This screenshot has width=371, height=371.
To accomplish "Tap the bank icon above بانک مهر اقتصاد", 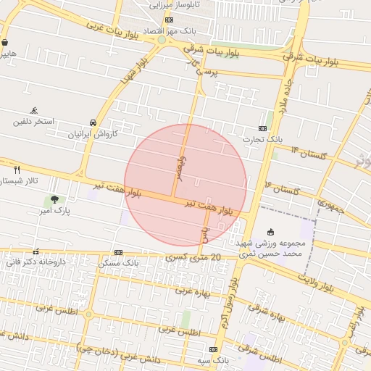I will click(169, 20).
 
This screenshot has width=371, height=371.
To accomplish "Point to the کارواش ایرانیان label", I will click(92, 134).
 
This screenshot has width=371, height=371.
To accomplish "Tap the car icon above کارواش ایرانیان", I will click(93, 122).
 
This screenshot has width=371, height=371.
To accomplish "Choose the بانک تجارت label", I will click(262, 139).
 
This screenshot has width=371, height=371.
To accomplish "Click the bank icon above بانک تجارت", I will click(262, 128).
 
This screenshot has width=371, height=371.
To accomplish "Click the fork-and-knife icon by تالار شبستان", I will click(17, 169).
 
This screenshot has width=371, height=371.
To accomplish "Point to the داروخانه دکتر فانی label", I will click(34, 262).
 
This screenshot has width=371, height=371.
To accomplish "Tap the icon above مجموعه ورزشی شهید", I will click(271, 232).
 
